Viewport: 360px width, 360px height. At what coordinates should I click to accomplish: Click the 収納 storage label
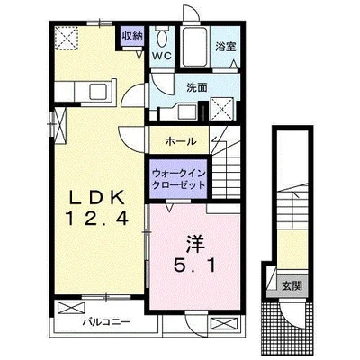click(x=131, y=36)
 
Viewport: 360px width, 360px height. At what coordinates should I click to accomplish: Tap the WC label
click(x=163, y=56)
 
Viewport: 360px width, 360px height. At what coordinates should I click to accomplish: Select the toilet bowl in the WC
click(x=162, y=39)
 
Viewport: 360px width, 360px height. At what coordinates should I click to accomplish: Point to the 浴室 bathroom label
click(x=225, y=47)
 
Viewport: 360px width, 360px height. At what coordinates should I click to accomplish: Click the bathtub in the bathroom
click(x=195, y=47)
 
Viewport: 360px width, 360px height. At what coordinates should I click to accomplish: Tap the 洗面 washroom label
click(x=197, y=87)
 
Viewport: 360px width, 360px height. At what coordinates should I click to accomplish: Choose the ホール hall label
click(x=181, y=141)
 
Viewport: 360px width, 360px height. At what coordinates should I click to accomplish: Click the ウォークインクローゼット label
click(x=179, y=179)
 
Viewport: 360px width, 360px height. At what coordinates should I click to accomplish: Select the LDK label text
click(x=97, y=198)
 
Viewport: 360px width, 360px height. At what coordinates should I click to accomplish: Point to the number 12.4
click(x=97, y=218)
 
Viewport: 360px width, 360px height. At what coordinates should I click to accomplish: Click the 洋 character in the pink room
click(x=195, y=245)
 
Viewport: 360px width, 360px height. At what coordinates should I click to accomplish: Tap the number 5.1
click(x=194, y=265)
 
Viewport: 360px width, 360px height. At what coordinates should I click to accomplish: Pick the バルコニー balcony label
click(x=107, y=322)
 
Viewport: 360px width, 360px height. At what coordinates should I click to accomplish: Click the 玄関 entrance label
click(x=291, y=286)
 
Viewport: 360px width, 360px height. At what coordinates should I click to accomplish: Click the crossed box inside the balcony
click(x=71, y=308)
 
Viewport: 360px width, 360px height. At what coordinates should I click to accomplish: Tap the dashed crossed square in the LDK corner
click(x=67, y=38)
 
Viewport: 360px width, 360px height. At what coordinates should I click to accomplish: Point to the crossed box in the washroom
click(x=222, y=109)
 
